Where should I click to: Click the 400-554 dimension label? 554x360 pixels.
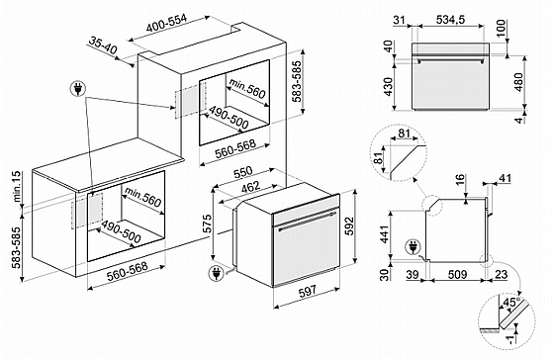[166, 24]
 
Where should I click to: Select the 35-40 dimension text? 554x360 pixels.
[102, 45]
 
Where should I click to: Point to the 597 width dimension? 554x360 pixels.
[307, 292]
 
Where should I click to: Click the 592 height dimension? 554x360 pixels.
[348, 226]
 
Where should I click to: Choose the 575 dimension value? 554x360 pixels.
[207, 224]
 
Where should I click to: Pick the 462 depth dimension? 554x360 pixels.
[250, 187]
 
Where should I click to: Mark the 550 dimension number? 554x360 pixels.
[243, 172]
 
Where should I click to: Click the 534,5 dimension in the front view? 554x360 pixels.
[450, 20]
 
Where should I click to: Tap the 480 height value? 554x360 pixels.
[518, 82]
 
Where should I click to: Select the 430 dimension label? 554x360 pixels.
[388, 87]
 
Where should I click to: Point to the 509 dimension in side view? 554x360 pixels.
[457, 274]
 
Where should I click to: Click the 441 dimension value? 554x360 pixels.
[385, 233]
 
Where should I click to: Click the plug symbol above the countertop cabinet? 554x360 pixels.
[78, 89]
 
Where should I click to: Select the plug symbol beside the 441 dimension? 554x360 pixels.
[413, 246]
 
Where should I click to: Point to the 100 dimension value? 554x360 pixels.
[502, 29]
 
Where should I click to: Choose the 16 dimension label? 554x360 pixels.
[460, 180]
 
